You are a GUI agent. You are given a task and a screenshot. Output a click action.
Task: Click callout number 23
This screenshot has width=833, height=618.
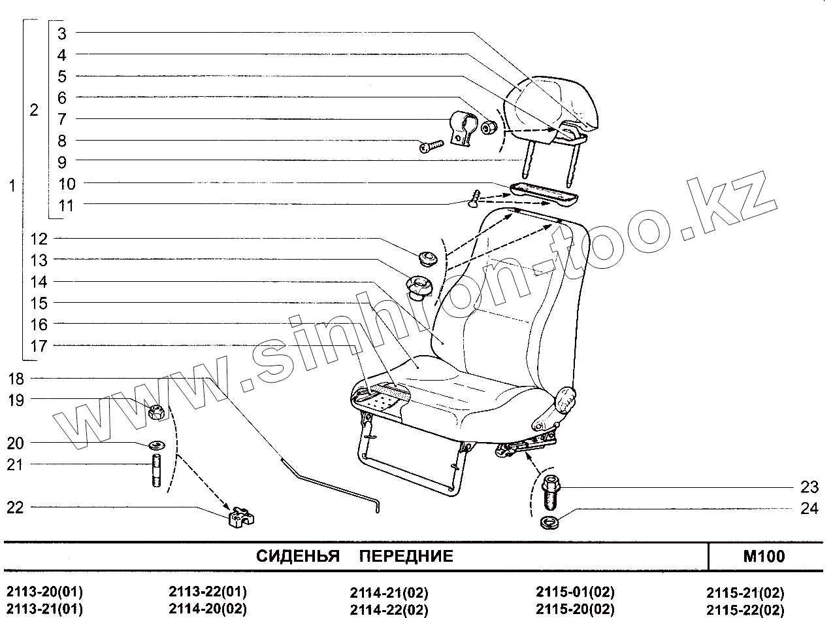809,487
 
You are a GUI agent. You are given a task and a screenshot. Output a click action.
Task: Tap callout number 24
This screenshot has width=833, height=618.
809,508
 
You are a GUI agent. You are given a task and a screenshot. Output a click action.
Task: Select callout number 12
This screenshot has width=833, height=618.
39,239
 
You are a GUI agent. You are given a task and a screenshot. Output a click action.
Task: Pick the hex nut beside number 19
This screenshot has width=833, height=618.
157,412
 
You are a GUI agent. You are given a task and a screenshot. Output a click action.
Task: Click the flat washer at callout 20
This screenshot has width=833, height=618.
157,445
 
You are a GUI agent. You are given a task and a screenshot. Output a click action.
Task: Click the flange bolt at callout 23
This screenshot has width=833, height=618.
549,494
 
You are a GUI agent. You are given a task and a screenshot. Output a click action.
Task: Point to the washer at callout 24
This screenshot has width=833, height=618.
549,523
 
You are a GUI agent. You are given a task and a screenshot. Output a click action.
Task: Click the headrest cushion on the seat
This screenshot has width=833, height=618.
555,105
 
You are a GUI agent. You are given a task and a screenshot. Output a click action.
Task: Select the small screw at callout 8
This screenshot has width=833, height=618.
431,147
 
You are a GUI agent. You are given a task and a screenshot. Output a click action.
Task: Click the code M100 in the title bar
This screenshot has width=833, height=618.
764,557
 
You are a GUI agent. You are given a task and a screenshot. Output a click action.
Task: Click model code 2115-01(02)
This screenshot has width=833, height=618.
575,593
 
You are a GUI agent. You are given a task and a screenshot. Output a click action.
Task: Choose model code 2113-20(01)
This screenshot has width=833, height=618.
44,593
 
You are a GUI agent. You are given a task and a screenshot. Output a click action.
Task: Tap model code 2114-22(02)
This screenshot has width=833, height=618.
389,610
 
